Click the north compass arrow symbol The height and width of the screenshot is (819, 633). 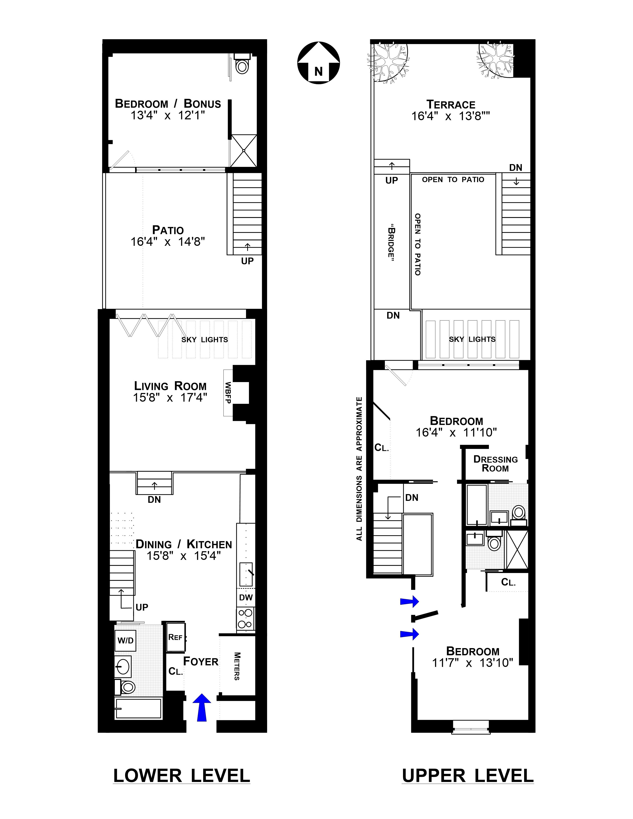click(x=318, y=63)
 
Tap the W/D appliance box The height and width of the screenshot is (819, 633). click(x=125, y=640)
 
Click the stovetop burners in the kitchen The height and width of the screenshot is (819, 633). click(x=246, y=619)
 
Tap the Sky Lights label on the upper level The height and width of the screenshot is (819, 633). click(x=472, y=339)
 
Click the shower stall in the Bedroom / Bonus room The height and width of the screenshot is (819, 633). click(x=243, y=151)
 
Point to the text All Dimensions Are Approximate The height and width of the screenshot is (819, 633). click(x=359, y=469)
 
